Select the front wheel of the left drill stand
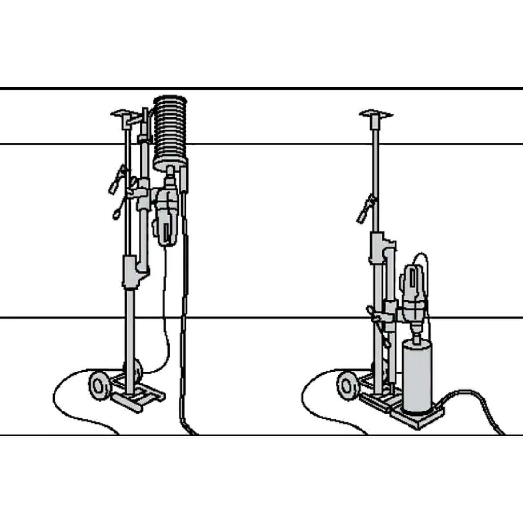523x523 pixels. pos(99,384)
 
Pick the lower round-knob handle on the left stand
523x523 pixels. pos(117,213)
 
